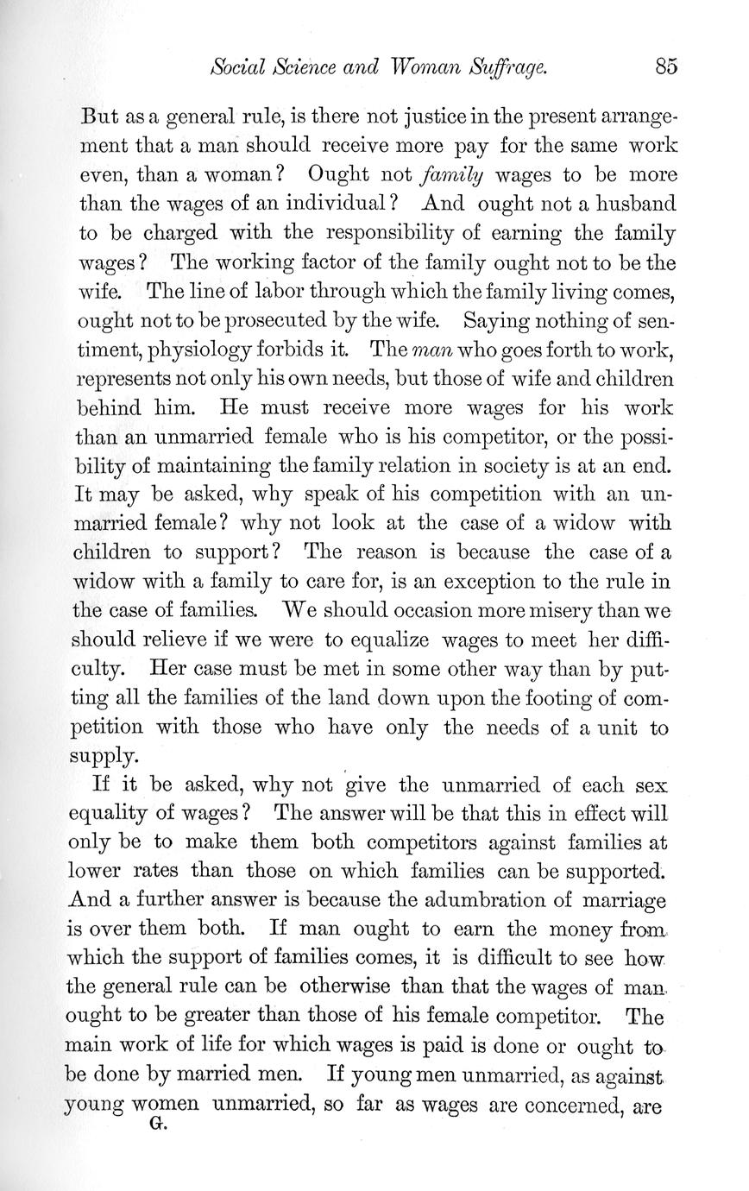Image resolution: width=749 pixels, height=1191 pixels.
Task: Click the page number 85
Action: coord(666,66)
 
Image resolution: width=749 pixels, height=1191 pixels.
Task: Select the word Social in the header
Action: coord(237,66)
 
